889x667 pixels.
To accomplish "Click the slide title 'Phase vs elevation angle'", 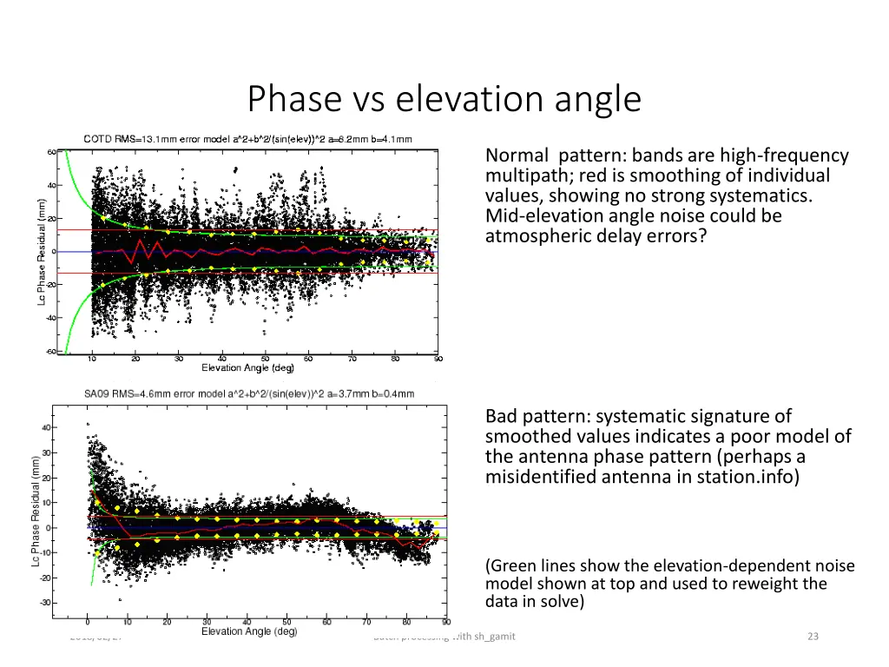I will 444,99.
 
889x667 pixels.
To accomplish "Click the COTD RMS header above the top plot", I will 247,139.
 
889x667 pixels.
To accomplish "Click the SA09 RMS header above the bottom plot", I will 249,393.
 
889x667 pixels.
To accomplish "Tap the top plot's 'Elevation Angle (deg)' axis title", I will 247,368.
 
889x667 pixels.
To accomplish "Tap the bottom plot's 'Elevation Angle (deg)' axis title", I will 248,631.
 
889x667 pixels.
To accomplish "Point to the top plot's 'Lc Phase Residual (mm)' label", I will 41,251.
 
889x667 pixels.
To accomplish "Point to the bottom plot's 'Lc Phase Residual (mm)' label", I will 34,512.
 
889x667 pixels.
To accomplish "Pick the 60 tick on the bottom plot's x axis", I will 327,622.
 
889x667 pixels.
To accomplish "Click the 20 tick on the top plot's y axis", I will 51,218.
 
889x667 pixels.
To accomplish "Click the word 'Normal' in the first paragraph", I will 517,156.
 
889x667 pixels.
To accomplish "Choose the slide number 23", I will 813,637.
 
